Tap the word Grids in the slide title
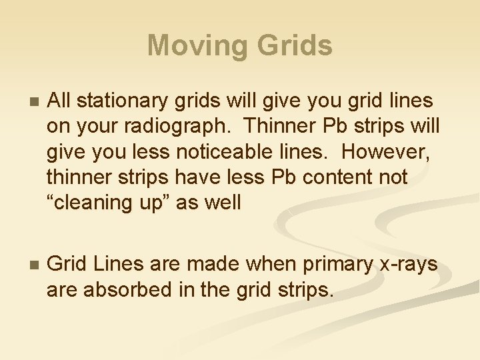click(293, 46)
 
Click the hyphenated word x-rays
click(409, 265)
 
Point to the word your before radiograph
click(96, 127)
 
